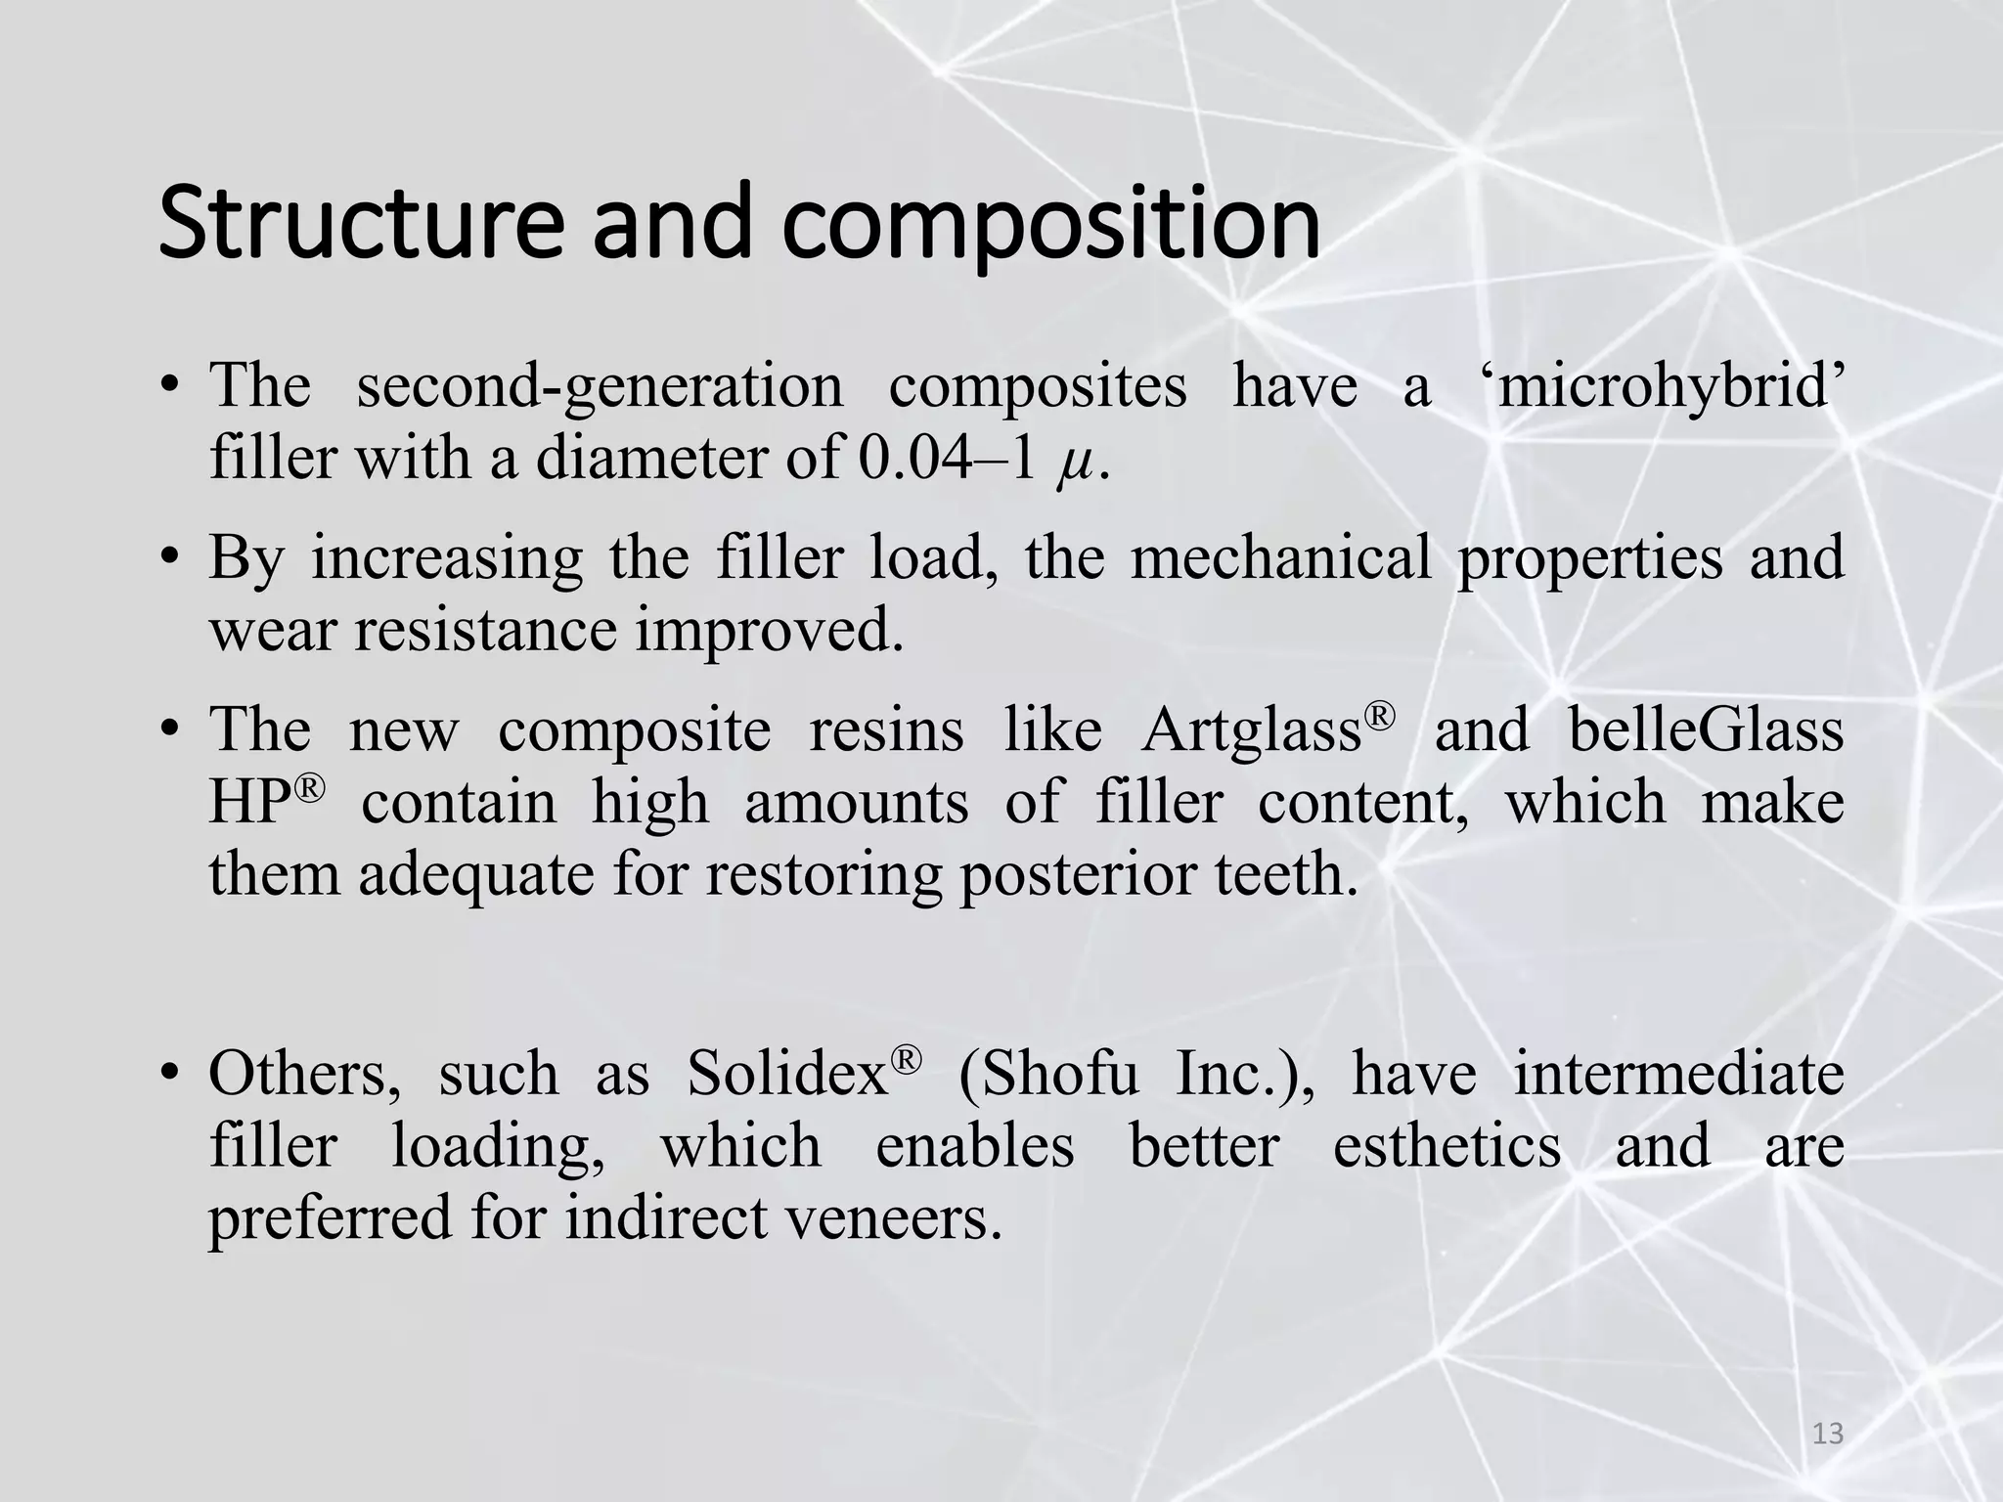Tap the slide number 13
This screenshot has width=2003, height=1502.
click(1827, 1434)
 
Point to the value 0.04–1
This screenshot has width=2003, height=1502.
click(946, 458)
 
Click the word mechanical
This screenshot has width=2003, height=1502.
click(1280, 557)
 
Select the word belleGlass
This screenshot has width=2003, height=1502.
click(1706, 729)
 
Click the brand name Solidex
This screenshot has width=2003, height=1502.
click(786, 1074)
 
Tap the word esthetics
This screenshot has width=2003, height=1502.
click(1446, 1146)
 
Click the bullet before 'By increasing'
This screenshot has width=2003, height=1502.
click(171, 558)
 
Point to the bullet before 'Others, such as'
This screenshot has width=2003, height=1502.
click(171, 1075)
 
